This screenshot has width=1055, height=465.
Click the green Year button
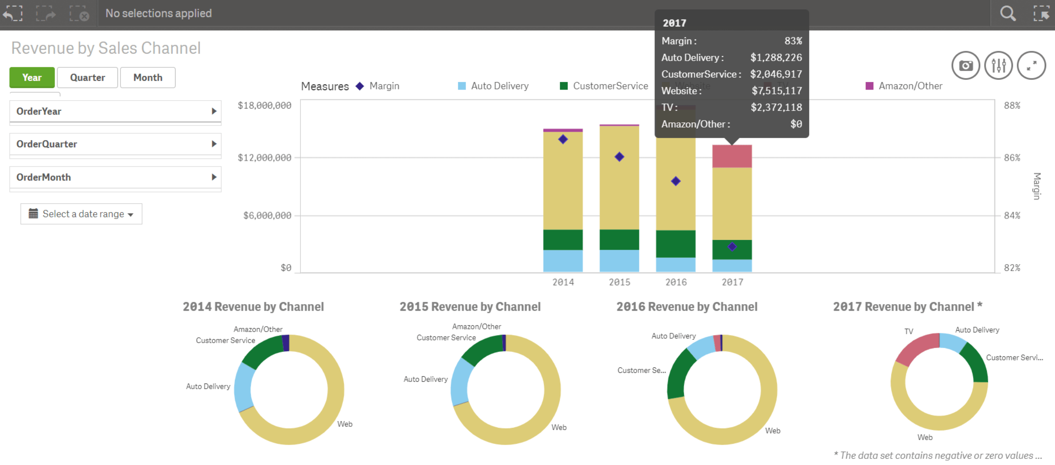click(32, 78)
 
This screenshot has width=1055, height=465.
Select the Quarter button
click(87, 78)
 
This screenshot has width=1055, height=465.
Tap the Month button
click(148, 78)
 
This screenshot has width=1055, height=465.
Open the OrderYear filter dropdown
click(115, 111)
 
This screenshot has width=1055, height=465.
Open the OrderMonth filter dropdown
click(115, 177)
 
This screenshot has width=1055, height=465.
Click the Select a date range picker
click(81, 214)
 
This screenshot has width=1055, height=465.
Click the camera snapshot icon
click(965, 66)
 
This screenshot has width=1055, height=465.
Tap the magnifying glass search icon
click(1008, 13)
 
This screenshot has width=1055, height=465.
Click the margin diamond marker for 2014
click(563, 140)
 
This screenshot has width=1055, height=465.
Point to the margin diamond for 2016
click(675, 181)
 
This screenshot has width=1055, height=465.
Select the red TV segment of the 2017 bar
click(732, 156)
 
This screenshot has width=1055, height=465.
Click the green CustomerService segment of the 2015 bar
click(619, 239)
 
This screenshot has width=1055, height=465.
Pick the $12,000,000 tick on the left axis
click(265, 158)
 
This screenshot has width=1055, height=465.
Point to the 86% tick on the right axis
click(1012, 158)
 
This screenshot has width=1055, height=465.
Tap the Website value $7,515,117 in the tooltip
click(776, 91)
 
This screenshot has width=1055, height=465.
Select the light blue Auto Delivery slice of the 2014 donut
click(244, 387)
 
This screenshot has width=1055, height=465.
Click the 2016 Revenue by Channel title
click(686, 307)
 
